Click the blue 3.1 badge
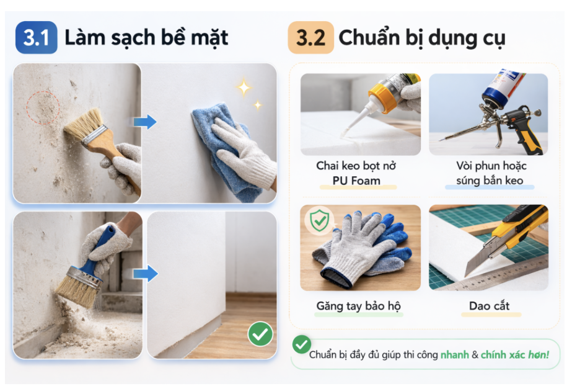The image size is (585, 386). pyautogui.click(x=36, y=38)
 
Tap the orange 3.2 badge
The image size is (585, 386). pyautogui.click(x=310, y=38)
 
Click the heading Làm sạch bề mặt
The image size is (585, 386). pyautogui.click(x=146, y=38)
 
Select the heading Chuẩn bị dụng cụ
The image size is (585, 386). pyautogui.click(x=421, y=38)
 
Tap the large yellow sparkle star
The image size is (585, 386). pyautogui.click(x=244, y=88)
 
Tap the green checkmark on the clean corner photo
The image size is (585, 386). pyautogui.click(x=260, y=334)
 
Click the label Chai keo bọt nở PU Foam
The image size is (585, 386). pyautogui.click(x=356, y=174)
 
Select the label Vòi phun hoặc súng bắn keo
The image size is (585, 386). pyautogui.click(x=489, y=174)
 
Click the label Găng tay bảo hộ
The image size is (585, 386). pyautogui.click(x=358, y=306)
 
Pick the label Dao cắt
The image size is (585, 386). pyautogui.click(x=489, y=306)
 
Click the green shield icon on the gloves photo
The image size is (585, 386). pyautogui.click(x=318, y=220)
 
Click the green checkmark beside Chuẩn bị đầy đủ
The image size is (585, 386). pyautogui.click(x=302, y=345)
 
